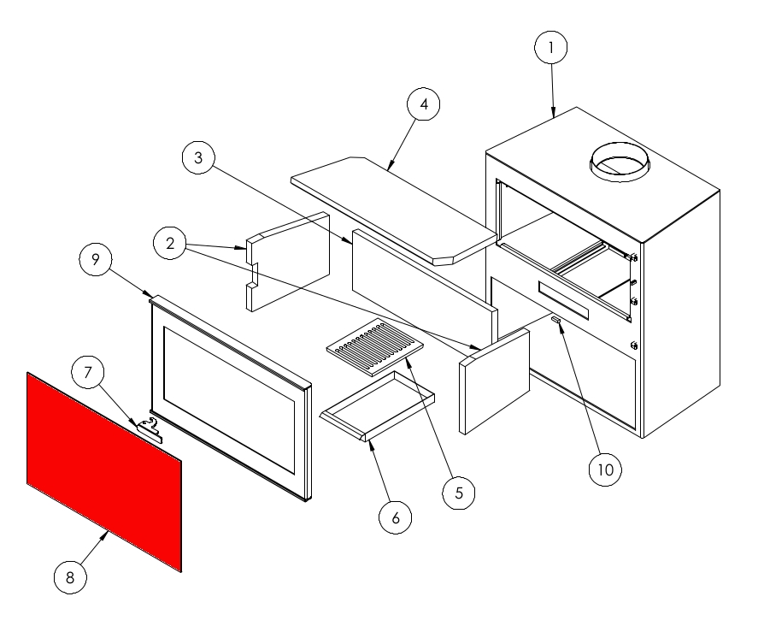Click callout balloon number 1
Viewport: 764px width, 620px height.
pos(551,47)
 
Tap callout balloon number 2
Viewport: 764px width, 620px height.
pos(169,243)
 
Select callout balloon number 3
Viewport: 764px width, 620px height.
pos(198,157)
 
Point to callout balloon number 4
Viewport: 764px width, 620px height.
pos(423,103)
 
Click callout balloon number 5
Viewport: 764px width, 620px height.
pos(459,493)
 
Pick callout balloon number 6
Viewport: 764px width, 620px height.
pos(395,517)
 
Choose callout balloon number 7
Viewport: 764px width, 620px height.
pos(88,372)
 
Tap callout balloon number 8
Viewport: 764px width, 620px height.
pos(70,577)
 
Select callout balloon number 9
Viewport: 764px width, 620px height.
pos(96,259)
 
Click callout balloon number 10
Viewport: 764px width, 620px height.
pos(605,469)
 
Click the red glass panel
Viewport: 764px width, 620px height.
pos(104,472)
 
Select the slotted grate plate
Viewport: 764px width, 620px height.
pos(374,347)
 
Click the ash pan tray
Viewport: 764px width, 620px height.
pos(377,406)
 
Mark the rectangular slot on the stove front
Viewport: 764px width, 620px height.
pos(563,301)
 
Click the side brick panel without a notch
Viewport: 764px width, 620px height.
pos(494,381)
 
